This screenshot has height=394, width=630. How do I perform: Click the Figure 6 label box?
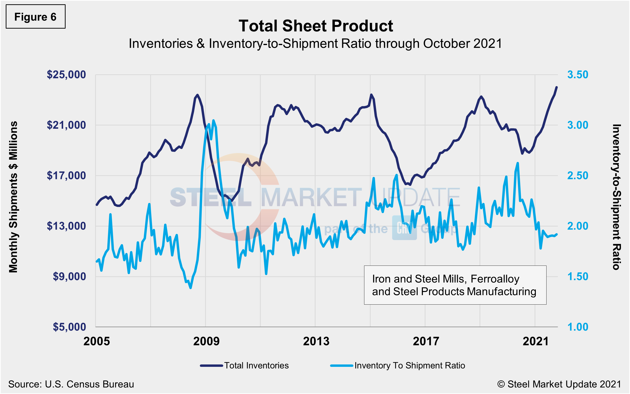coord(36,17)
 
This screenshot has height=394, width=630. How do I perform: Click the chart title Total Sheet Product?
coord(316,26)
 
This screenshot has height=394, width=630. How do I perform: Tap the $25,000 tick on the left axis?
coord(66,75)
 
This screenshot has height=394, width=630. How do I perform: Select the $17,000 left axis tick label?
coord(66,175)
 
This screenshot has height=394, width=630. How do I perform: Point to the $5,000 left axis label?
coord(69,327)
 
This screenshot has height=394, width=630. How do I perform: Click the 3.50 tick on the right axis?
coord(578,75)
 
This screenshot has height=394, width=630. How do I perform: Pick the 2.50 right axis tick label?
coord(578,175)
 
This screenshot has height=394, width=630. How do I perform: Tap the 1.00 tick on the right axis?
coord(578,327)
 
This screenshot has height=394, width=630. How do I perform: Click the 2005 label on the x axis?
coord(96,341)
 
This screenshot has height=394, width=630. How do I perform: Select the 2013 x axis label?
coord(316,341)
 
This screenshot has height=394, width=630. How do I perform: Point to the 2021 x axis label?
coord(536,341)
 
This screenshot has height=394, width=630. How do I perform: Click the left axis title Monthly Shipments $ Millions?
coord(13,197)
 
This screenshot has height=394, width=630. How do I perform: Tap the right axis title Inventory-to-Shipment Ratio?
coord(616,197)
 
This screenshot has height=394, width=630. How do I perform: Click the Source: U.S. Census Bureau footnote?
coord(71,384)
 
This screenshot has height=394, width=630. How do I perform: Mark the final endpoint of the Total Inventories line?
coord(557,87)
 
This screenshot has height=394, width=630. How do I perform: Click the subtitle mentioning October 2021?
coord(315,44)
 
